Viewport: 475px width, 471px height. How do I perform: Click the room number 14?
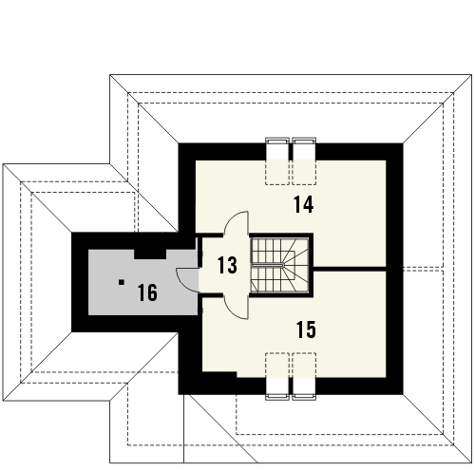click(x=304, y=204)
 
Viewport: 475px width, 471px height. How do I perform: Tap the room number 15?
click(x=306, y=330)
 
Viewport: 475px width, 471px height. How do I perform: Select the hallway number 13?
click(x=227, y=265)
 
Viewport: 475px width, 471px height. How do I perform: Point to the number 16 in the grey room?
click(x=147, y=292)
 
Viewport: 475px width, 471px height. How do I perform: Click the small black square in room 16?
click(x=122, y=282)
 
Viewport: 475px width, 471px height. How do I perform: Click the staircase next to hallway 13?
click(x=280, y=265)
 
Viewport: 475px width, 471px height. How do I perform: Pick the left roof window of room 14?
click(x=277, y=160)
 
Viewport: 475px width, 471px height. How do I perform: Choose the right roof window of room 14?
click(x=304, y=160)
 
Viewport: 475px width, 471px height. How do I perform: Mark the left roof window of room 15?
click(x=277, y=376)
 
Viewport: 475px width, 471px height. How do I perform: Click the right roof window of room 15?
click(x=304, y=376)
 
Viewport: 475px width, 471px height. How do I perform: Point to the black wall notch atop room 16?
click(x=150, y=254)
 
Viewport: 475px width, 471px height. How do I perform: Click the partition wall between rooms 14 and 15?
click(x=350, y=269)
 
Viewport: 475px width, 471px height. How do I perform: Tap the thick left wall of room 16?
click(x=80, y=282)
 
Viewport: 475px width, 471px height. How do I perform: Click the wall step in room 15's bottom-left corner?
click(x=219, y=375)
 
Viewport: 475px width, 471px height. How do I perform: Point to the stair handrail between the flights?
click(x=268, y=264)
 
